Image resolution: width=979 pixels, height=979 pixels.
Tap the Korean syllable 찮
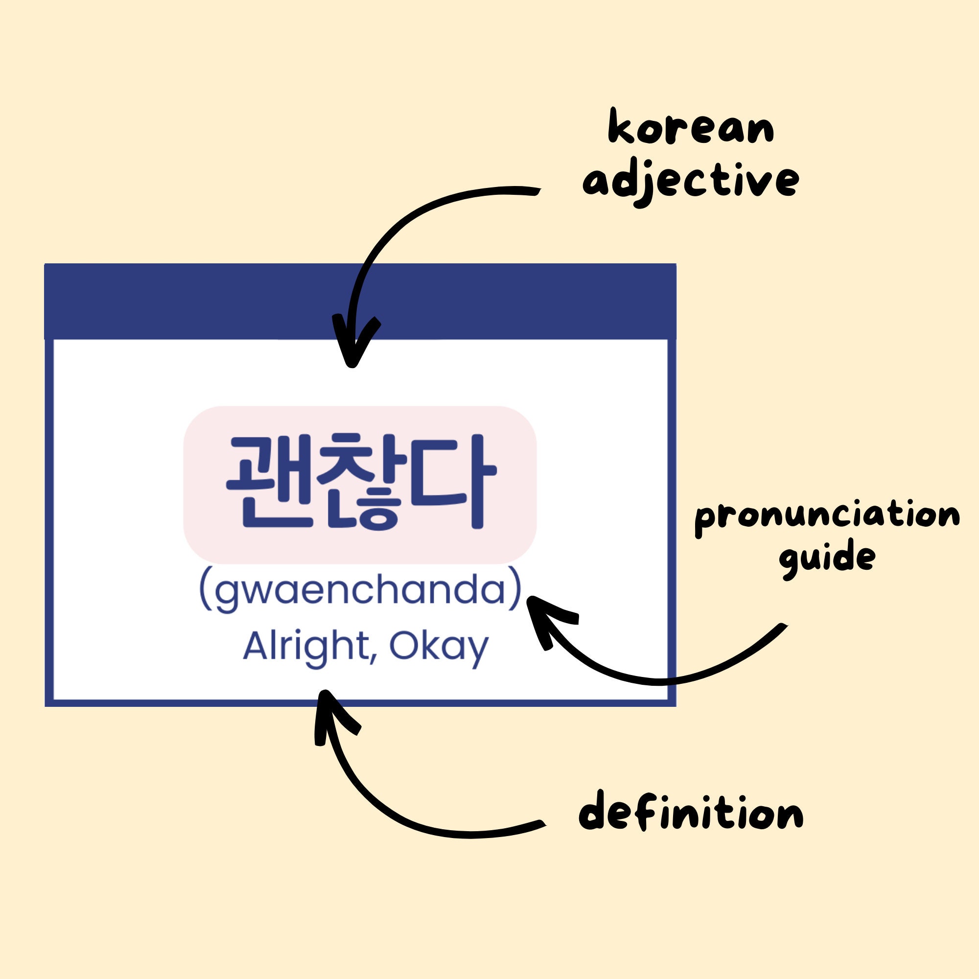(x=365, y=482)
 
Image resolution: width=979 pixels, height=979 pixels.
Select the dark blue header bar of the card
(x=360, y=301)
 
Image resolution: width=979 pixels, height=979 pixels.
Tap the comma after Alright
(x=373, y=658)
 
